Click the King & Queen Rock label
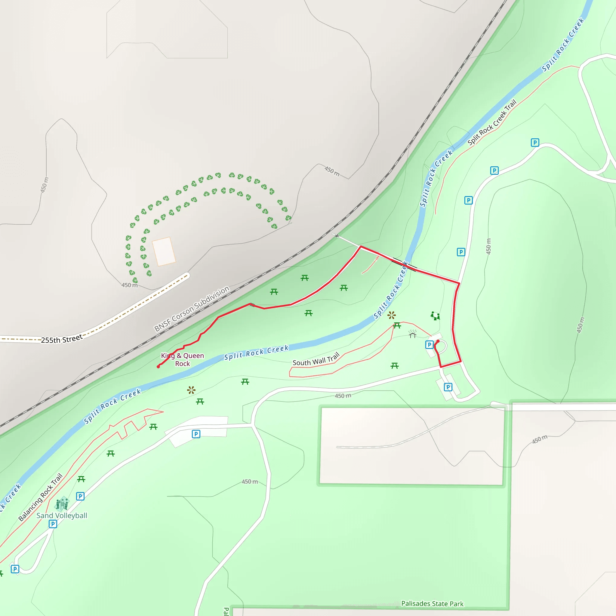[182, 359]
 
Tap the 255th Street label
[62, 339]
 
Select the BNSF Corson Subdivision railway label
[192, 308]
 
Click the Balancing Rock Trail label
[41, 497]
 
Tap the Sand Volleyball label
[62, 516]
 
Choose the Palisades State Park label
[432, 604]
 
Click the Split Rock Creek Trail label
[492, 122]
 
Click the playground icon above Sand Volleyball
[62, 504]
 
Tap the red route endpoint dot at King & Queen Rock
[158, 367]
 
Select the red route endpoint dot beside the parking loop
[438, 341]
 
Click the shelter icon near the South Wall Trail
[412, 334]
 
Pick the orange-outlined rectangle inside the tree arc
[164, 251]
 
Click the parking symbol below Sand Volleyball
[53, 524]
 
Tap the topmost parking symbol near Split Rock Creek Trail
[535, 143]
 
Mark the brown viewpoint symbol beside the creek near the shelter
[392, 315]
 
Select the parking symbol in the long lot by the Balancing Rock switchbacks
[196, 434]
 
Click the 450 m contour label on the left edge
[44, 185]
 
